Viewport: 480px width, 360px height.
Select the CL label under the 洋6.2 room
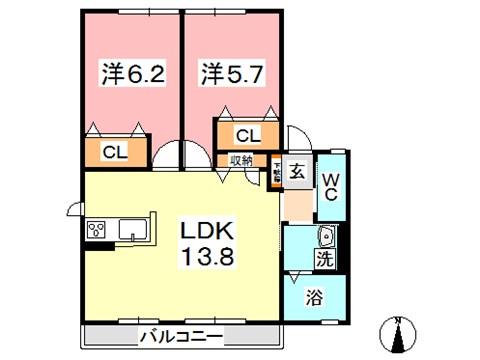113,152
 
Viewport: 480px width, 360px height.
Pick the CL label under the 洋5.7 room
247,135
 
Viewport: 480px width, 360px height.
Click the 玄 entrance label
298,171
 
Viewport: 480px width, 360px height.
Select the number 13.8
207,257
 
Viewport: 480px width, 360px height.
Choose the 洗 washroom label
326,258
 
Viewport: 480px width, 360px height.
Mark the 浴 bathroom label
314,297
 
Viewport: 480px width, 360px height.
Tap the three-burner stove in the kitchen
98,230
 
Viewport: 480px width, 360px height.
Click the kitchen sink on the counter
133,230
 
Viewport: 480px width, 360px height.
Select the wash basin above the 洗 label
325,236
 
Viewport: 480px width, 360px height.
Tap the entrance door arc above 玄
300,143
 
